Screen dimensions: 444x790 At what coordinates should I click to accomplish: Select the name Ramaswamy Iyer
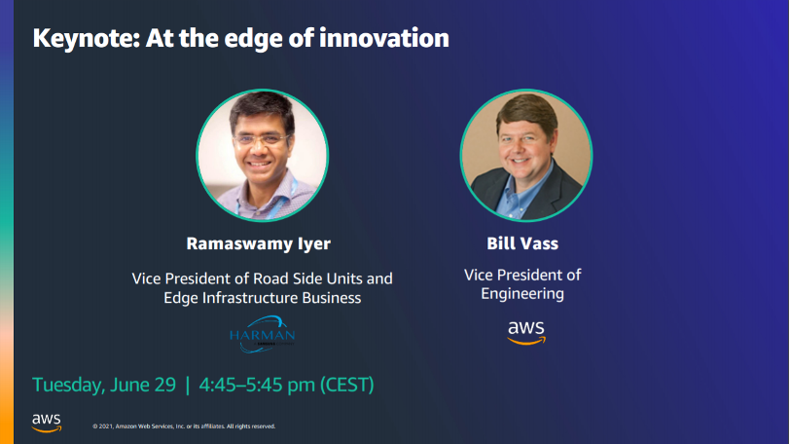tap(259, 243)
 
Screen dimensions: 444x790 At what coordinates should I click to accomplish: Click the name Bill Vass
tap(524, 243)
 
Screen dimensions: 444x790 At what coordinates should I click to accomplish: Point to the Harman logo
tap(260, 334)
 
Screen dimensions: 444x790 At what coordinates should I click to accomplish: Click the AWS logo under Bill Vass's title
tap(526, 333)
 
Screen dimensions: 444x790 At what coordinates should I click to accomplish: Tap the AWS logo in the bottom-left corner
tap(46, 422)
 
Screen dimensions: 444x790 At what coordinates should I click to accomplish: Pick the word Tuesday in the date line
tap(66, 385)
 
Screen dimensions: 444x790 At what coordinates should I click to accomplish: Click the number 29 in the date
tap(162, 385)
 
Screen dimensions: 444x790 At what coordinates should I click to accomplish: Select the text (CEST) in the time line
tap(347, 385)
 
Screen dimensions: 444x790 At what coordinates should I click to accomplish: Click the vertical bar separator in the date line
tap(187, 385)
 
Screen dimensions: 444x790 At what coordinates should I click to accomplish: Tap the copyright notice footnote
tap(184, 426)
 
